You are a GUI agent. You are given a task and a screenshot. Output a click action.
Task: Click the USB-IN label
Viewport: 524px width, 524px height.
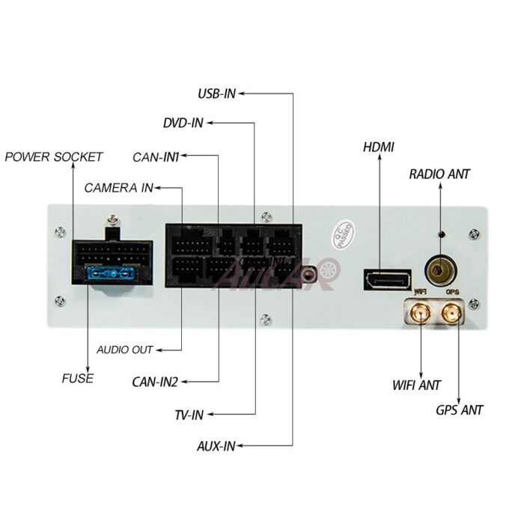216,94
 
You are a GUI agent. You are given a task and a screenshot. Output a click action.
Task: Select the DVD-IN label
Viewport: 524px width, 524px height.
183,123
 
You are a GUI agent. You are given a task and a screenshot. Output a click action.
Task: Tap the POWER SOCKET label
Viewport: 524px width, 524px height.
54,157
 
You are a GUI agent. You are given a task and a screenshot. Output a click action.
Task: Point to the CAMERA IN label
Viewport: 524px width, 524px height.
118,187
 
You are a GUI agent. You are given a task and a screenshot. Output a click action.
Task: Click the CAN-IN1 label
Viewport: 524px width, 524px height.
156,157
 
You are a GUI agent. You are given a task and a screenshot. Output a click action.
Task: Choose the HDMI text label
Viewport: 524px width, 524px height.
379,147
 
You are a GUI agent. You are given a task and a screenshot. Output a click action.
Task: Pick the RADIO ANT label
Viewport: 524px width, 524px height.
439,174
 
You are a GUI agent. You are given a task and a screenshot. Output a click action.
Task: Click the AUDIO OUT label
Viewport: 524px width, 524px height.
125,350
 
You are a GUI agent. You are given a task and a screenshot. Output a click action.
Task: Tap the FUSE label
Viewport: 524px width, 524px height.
78,378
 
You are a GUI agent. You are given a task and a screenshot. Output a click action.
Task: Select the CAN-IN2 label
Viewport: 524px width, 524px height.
155,383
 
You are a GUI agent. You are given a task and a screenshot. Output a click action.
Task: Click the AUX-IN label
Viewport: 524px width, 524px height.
216,446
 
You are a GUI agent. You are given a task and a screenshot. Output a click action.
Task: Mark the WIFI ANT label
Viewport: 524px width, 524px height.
417,386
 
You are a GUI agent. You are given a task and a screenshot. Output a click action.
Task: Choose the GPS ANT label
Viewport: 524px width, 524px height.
460,410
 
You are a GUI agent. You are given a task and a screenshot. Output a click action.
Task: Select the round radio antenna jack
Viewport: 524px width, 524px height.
439,268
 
